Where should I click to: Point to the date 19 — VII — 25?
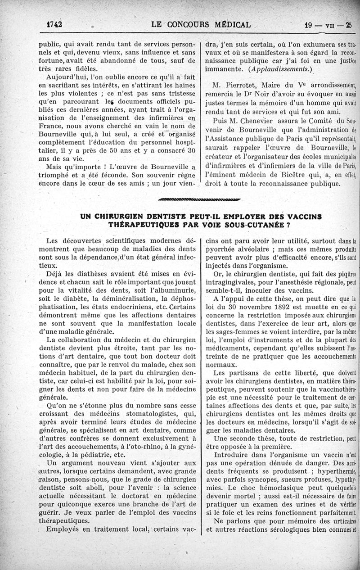pos(328,25)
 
